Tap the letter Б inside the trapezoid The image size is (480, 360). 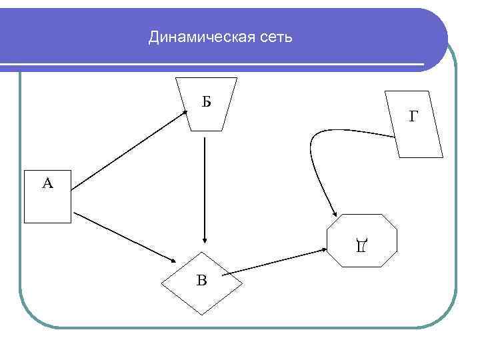[206, 102]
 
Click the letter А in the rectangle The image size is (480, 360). [47, 183]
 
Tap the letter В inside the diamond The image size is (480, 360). [201, 280]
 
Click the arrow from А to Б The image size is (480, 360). [130, 151]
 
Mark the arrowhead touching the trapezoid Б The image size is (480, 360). [185, 113]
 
